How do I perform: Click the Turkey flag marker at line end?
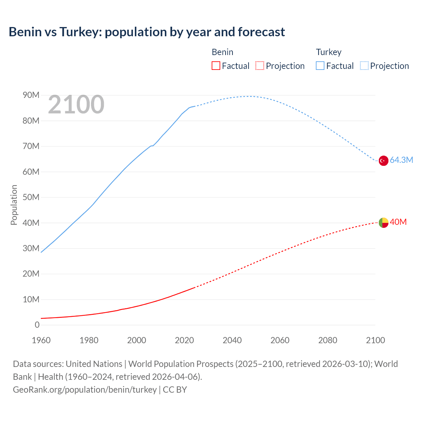[x=383, y=161]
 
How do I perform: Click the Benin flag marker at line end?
[x=383, y=223]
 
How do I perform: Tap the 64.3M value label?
[x=401, y=160]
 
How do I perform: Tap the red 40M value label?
[x=398, y=222]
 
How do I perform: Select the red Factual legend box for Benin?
[x=216, y=66]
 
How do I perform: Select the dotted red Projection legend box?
[x=260, y=66]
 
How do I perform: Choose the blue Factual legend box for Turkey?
[x=320, y=66]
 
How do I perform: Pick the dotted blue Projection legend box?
[x=364, y=66]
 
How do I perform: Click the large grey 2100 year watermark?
[x=76, y=105]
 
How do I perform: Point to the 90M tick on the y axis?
[x=31, y=95]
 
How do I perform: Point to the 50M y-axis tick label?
[x=31, y=197]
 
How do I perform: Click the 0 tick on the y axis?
[x=37, y=325]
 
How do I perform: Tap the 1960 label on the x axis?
[x=41, y=340]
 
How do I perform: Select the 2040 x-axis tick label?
[x=232, y=340]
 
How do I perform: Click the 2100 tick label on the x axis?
[x=375, y=340]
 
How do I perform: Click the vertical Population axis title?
[x=14, y=205]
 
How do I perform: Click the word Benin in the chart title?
[x=25, y=32]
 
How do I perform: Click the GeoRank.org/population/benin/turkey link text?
[x=85, y=390]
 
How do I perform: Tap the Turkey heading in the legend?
[x=328, y=52]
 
